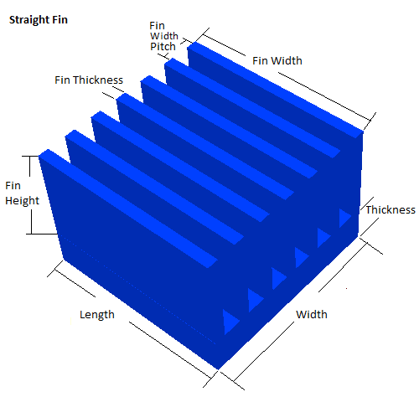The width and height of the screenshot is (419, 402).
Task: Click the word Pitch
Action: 163,47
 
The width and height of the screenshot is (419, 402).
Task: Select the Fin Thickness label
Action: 89,80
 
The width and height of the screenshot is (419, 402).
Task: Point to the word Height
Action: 23,201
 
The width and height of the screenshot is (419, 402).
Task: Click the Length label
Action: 97,315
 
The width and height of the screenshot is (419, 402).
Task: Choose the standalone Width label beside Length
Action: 312,314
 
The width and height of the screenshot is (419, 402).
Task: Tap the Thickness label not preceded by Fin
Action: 391,209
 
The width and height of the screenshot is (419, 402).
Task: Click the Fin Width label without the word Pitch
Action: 277,60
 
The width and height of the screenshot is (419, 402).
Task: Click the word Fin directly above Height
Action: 13,186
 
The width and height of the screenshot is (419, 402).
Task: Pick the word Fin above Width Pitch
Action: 157,26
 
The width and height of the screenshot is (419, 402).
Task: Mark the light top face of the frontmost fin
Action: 128,208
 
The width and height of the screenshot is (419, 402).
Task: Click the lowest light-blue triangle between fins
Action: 230,322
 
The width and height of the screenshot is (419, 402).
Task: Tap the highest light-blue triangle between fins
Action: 344,218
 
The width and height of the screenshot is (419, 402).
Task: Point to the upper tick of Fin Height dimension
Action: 30,157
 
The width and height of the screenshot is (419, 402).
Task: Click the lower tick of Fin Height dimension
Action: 42,234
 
